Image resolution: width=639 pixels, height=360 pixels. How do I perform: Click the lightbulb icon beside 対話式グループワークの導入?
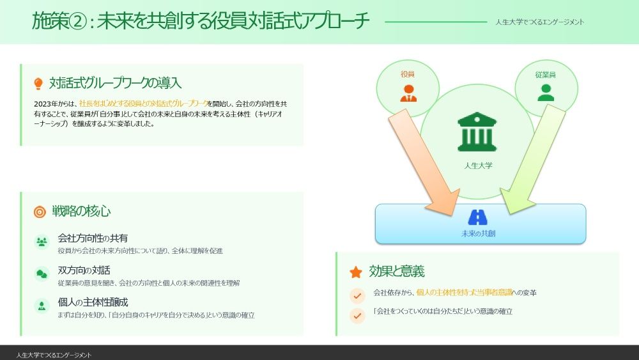click(x=38, y=84)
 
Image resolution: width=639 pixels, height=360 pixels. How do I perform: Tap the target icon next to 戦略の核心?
click(x=40, y=212)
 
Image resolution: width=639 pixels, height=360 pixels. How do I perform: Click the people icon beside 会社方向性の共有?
click(x=42, y=242)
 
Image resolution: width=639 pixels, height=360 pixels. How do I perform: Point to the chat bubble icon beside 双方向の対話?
click(x=42, y=274)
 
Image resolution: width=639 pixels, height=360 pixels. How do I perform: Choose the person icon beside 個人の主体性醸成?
click(x=42, y=306)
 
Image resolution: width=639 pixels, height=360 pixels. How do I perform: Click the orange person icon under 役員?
click(x=408, y=93)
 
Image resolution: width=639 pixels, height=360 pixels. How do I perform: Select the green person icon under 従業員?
click(x=546, y=93)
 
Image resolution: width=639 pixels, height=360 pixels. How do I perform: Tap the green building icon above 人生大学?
click(x=477, y=132)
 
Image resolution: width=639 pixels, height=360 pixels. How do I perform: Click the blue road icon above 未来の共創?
click(x=478, y=217)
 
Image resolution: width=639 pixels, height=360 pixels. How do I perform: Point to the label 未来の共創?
click(x=479, y=234)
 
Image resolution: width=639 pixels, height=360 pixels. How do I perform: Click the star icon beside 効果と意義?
click(x=356, y=272)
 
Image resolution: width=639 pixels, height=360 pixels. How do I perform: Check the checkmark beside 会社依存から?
click(x=357, y=295)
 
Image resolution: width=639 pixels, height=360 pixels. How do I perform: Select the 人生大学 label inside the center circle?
click(x=479, y=166)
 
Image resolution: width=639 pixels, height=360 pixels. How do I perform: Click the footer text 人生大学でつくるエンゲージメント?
click(x=54, y=354)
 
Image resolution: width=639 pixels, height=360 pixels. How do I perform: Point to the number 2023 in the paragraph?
click(x=42, y=104)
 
